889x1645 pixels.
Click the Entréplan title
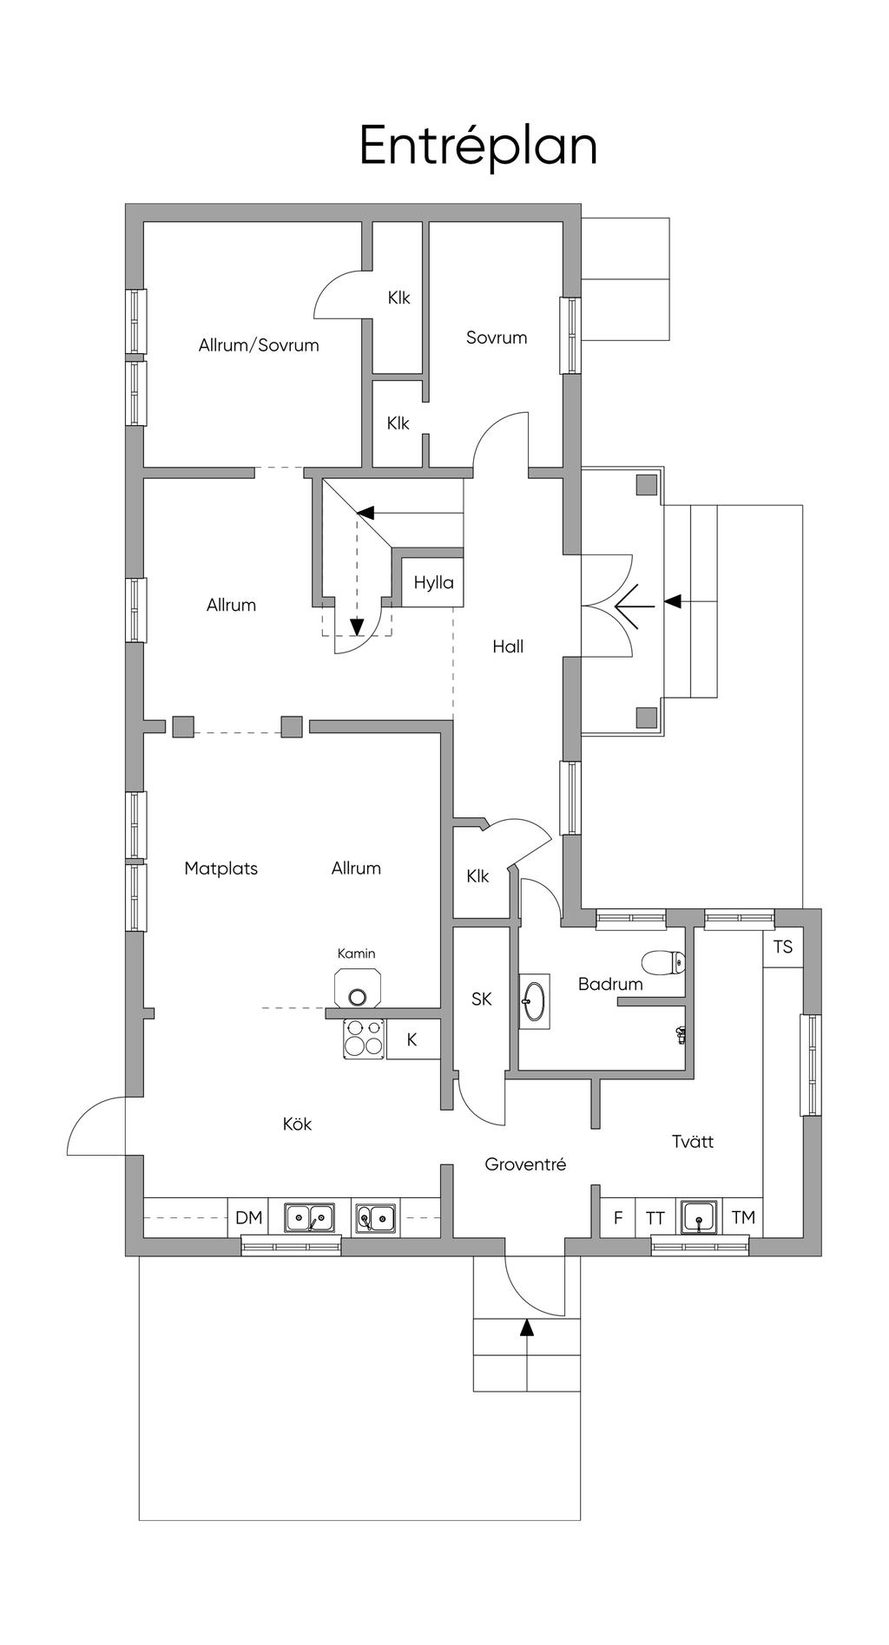point(478,146)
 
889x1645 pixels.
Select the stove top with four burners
point(364,1039)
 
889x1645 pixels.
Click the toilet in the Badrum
point(664,961)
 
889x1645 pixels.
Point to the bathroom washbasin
point(535,1001)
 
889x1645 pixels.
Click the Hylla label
point(433,582)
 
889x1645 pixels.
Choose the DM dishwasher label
point(248,1217)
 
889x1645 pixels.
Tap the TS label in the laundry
point(783,946)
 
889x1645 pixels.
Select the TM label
point(743,1217)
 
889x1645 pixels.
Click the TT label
point(655,1218)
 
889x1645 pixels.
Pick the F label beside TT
point(618,1218)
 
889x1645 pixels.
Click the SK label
point(482,999)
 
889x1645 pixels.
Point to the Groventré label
point(525,1163)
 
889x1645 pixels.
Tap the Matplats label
point(221,868)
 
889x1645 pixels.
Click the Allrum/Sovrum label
point(259,344)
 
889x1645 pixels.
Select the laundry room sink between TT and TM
point(699,1216)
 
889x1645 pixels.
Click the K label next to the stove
point(412,1039)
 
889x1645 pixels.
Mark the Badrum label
point(610,984)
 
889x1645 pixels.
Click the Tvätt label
point(693,1141)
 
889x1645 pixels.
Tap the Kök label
point(297,1124)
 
